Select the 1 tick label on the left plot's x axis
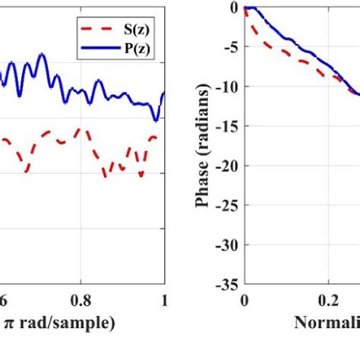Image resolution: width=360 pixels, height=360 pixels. point(163,299)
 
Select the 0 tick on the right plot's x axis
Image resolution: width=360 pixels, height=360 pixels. point(245,299)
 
